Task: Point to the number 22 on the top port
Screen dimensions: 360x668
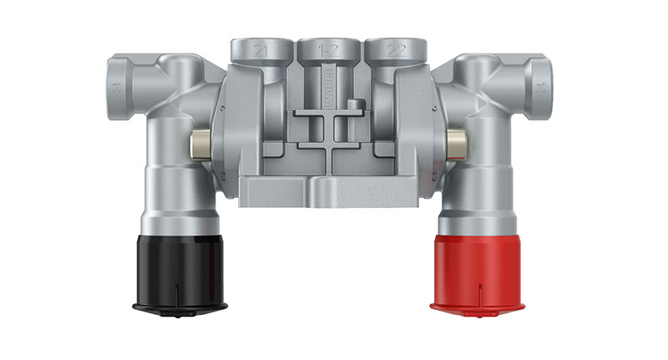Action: pos(395,51)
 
